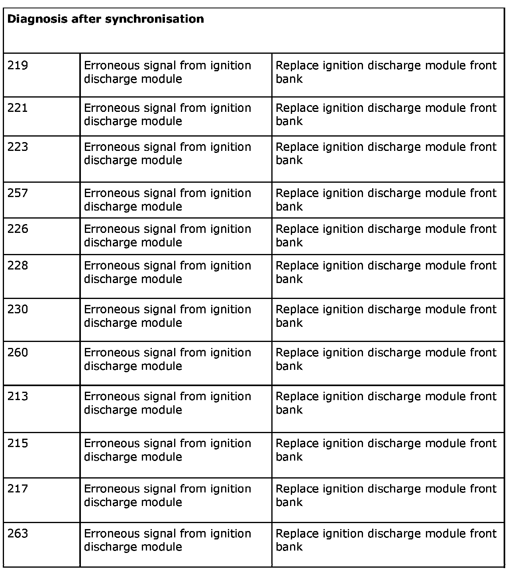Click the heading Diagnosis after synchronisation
[106, 19]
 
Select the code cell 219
[18, 65]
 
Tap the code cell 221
[18, 108]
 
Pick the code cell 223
[18, 147]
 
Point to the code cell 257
[18, 193]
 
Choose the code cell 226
[18, 229]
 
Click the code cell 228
[18, 266]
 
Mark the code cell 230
[18, 309]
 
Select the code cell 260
[18, 353]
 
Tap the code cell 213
[18, 396]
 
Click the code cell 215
[18, 443]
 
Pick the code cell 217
[18, 489]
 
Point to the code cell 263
[18, 533]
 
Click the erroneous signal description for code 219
[167, 72]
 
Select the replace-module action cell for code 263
[386, 540]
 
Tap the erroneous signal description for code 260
[167, 359]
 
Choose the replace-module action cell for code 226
[386, 236]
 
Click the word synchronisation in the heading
[155, 19]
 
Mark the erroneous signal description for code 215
[167, 450]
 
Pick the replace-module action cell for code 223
[386, 154]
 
